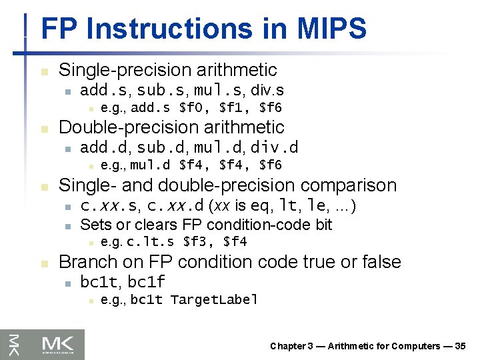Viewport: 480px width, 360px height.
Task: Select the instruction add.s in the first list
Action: coord(101,90)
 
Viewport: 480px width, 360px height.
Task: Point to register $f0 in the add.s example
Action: coord(194,107)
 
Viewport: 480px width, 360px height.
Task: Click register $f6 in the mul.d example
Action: coord(271,165)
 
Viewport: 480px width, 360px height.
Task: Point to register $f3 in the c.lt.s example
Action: coord(198,242)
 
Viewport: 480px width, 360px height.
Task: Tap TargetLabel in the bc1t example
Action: coord(214,300)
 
